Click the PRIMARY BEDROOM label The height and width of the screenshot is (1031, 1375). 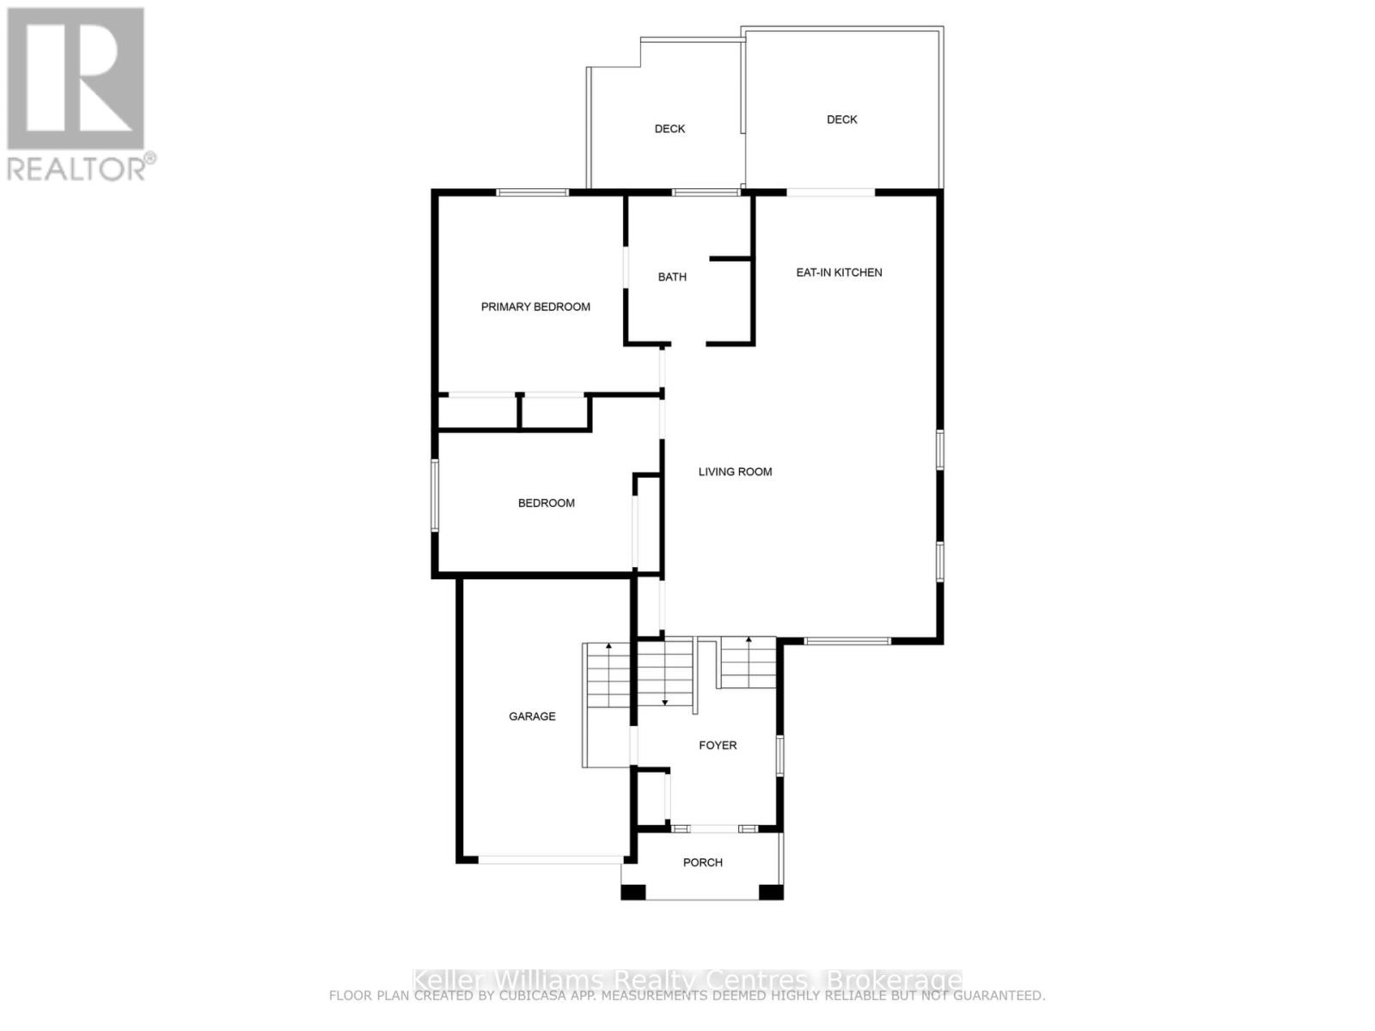[x=535, y=307]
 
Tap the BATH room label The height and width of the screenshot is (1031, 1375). [x=672, y=277]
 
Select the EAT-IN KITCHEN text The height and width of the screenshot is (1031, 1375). [x=839, y=272]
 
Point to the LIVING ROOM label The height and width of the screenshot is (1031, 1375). [x=735, y=472]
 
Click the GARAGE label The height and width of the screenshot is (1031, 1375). [x=532, y=716]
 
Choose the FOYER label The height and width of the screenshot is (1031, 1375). [x=718, y=745]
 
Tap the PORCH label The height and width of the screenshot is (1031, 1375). [x=702, y=862]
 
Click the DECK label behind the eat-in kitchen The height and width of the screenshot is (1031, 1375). [x=841, y=119]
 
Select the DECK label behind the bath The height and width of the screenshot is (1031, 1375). [x=669, y=129]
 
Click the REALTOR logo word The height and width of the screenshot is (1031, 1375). [x=77, y=168]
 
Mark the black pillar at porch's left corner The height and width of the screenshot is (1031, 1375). [x=633, y=892]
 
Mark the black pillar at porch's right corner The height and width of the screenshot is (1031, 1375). [x=771, y=892]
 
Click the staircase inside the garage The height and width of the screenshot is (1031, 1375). [x=608, y=674]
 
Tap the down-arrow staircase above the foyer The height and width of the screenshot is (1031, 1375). [x=664, y=672]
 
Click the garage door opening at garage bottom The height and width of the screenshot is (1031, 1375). [x=551, y=858]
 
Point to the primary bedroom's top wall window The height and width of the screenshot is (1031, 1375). [x=533, y=192]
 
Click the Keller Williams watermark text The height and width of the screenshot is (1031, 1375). [x=687, y=980]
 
